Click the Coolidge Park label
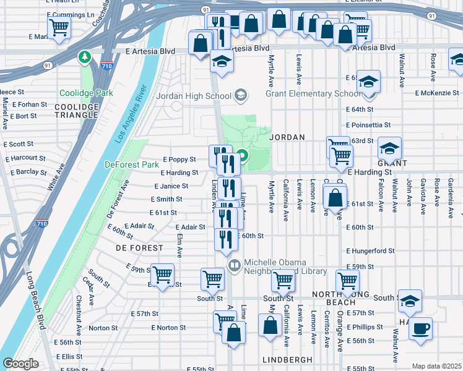click(x=79, y=93)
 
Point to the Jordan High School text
click(x=193, y=96)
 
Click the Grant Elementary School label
click(x=312, y=94)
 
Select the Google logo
click(x=20, y=364)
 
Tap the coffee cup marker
click(x=421, y=328)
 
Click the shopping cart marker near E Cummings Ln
click(x=59, y=26)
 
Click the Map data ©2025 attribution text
click(x=437, y=366)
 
